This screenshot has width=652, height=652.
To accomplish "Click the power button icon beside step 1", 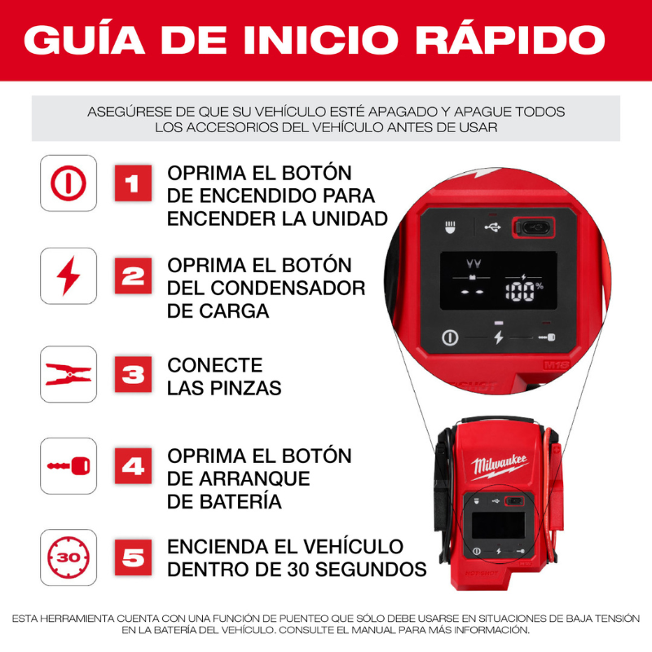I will pos(68,183).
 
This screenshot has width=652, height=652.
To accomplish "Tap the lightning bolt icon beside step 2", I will pos(68,276).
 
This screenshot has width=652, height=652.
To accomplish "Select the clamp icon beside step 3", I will pos(68,374).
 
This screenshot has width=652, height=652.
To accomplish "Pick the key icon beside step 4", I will pos(68,467).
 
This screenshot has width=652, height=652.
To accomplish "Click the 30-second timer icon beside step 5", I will pos(68,557).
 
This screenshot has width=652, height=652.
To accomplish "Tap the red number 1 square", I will pos(133,183).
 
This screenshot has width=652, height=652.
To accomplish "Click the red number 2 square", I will pos(133,276).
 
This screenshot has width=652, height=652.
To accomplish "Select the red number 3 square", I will pos(133,374).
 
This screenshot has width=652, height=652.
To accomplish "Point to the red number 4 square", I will pos(133,467).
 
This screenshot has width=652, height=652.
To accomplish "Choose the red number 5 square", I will pos(133,557).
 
